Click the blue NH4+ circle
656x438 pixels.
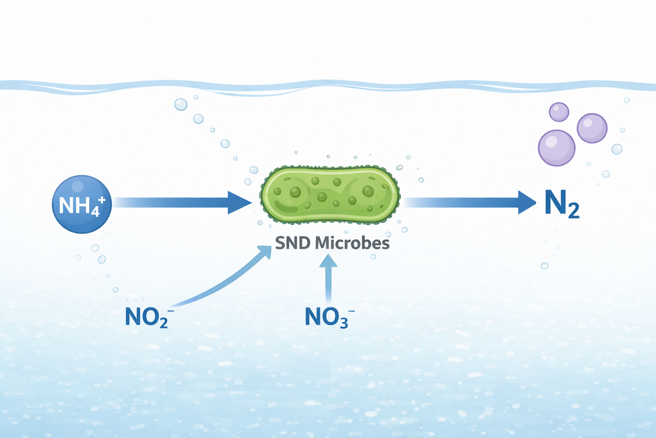click(82, 204)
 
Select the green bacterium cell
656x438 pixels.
click(330, 195)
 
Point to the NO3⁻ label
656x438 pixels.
click(330, 317)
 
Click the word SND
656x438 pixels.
click(293, 243)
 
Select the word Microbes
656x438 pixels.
click(352, 243)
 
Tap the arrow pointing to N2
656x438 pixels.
click(469, 202)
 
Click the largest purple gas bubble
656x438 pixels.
click(556, 148)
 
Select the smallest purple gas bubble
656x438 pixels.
click(559, 112)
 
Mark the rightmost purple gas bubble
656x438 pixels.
click(592, 128)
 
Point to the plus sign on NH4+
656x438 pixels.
click(102, 200)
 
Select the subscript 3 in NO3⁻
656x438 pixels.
click(344, 322)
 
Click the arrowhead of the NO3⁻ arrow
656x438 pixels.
click(328, 260)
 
